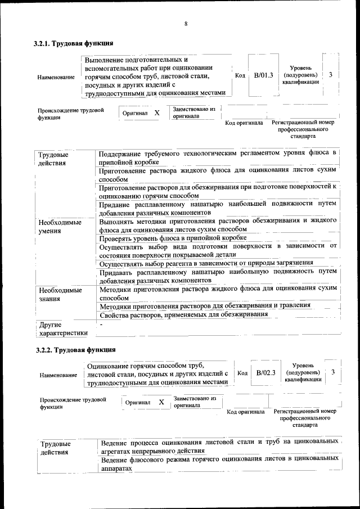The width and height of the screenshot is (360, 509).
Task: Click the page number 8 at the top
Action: [185, 23]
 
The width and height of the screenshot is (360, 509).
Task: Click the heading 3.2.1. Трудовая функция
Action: [74, 43]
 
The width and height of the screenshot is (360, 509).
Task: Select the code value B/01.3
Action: [263, 75]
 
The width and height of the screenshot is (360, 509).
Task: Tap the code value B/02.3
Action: [265, 372]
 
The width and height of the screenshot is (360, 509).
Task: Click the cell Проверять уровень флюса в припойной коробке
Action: [173, 238]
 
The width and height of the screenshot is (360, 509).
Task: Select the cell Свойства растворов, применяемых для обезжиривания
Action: [183, 314]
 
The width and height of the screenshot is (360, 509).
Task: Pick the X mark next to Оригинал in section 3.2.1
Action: [157, 112]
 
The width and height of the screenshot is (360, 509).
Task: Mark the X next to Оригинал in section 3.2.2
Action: [161, 402]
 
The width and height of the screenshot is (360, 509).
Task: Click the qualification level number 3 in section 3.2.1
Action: [330, 75]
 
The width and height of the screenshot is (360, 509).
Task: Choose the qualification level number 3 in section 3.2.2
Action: [333, 372]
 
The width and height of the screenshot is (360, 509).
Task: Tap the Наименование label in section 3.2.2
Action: [58, 375]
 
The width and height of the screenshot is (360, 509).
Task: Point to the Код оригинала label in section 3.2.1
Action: [244, 123]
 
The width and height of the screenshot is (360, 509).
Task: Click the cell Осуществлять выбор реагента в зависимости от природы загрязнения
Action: [206, 263]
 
